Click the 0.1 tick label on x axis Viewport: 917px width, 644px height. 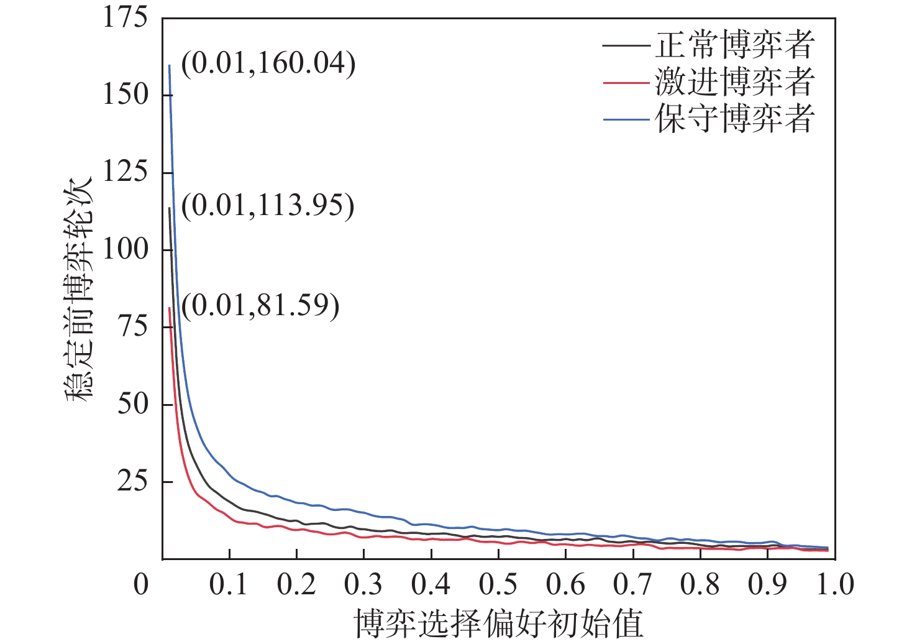click(229, 585)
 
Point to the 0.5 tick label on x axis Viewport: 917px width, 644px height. click(498, 585)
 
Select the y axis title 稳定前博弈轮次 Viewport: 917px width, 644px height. click(79, 289)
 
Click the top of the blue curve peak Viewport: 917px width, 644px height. click(169, 65)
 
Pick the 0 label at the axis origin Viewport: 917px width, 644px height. click(142, 585)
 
